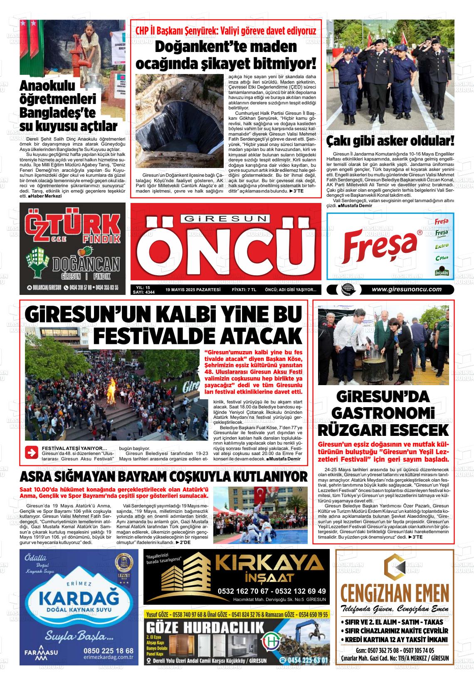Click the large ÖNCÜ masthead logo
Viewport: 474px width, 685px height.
click(x=225, y=252)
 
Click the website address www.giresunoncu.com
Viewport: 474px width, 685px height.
click(x=406, y=289)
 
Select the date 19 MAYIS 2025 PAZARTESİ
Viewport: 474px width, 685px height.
click(x=193, y=290)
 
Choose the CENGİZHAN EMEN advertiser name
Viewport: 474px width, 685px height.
click(x=395, y=592)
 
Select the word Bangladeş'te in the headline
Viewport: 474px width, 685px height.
click(x=58, y=113)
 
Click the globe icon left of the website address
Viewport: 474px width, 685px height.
click(x=346, y=290)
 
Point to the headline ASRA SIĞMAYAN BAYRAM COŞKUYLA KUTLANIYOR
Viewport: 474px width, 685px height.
click(x=163, y=476)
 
